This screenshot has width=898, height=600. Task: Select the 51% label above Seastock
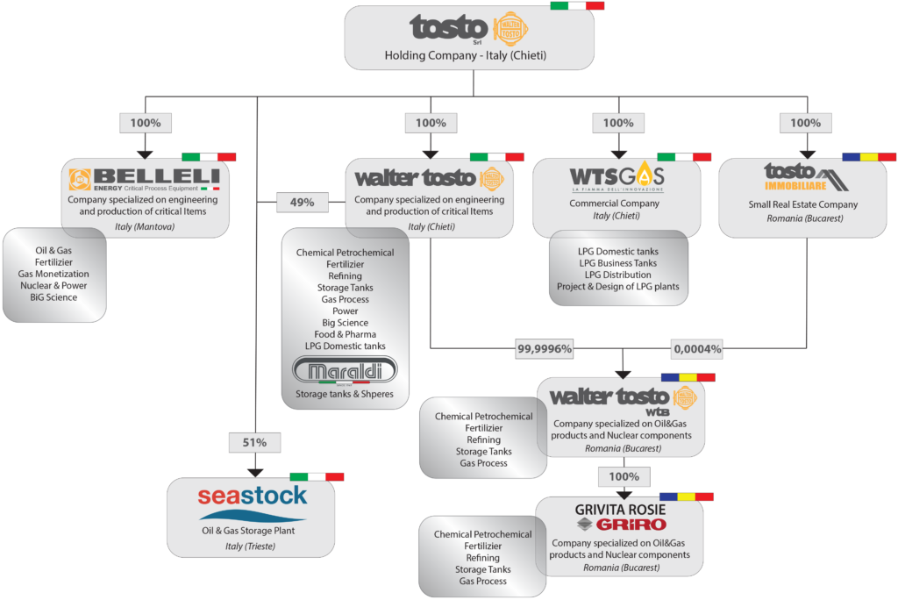(x=253, y=443)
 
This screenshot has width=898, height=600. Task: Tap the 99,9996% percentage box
(x=545, y=349)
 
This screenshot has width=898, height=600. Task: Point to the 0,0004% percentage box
(x=698, y=349)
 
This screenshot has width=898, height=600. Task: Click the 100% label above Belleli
(x=145, y=123)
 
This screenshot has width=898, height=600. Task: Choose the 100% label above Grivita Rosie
(x=624, y=477)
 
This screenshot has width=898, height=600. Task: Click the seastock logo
(x=253, y=497)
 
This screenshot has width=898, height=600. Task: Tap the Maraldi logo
(x=346, y=369)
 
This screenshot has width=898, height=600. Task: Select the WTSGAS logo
(x=616, y=177)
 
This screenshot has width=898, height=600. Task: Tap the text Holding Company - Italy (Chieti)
(x=466, y=55)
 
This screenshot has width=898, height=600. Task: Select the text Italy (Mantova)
(x=145, y=226)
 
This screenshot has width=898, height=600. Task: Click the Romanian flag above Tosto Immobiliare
(x=869, y=157)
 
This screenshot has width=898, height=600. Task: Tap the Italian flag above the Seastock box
(x=317, y=476)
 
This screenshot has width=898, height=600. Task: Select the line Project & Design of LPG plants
(x=617, y=287)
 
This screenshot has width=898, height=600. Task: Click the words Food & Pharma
(x=346, y=334)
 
